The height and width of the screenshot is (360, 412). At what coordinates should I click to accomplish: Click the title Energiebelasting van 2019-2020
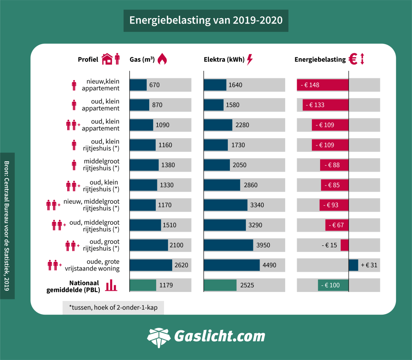(206, 21)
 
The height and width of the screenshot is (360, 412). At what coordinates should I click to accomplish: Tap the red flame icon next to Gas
(162, 59)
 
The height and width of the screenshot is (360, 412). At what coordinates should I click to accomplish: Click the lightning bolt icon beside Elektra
(250, 59)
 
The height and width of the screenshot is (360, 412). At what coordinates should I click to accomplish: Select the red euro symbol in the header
(353, 59)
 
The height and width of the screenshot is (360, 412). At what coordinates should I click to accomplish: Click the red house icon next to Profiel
(107, 59)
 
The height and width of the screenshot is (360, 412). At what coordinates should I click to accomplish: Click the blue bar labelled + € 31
(353, 265)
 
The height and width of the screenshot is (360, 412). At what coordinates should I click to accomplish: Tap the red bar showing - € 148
(323, 85)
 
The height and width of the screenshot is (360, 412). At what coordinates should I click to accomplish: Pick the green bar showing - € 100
(333, 285)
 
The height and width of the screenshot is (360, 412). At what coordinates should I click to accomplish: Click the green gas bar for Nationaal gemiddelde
(143, 285)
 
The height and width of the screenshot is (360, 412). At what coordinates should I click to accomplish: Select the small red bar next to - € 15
(344, 245)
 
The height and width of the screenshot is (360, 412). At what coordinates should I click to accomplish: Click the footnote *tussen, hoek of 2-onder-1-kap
(113, 307)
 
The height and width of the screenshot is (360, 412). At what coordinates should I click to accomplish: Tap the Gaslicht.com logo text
(219, 336)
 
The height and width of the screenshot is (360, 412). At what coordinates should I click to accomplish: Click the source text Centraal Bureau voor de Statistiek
(7, 226)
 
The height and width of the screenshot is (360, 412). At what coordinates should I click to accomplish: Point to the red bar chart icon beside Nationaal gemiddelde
(111, 285)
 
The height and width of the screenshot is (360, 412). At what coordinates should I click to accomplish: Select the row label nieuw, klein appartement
(101, 85)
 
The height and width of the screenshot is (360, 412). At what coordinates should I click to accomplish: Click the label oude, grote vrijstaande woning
(92, 265)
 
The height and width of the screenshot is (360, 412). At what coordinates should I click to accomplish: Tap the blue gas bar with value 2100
(149, 245)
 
